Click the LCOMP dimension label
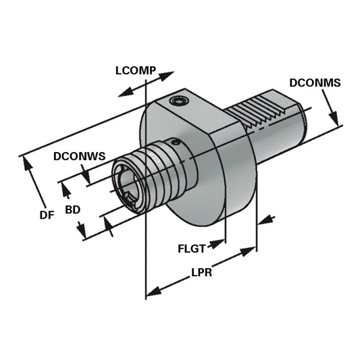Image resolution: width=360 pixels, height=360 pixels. click(136, 69)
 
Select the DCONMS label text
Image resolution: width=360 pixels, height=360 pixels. click(315, 83)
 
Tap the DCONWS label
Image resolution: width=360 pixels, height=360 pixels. click(80, 157)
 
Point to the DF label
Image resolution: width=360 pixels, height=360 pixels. click(47, 215)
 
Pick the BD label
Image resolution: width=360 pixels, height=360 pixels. click(72, 209)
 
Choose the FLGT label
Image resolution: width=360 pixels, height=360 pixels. click(191, 248)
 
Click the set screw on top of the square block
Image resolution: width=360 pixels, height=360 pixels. click(180, 101)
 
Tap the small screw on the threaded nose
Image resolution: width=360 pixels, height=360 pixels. click(176, 143)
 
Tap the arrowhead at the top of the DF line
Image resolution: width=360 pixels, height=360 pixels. click(27, 161)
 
